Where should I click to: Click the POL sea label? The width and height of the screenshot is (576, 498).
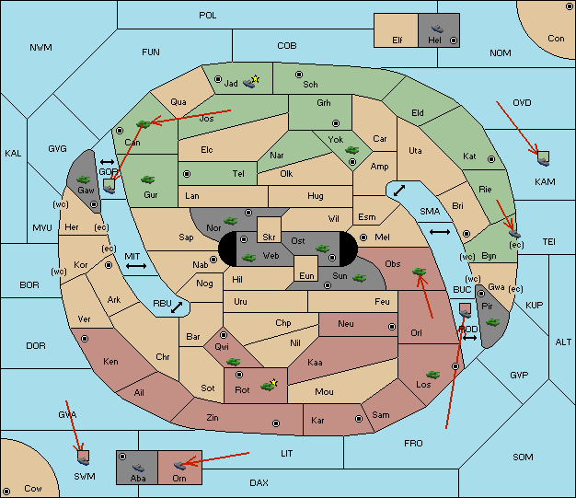208,16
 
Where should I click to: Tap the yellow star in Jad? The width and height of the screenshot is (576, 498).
256,78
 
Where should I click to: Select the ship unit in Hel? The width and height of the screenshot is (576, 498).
437,29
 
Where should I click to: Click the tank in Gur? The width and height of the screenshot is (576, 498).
147,180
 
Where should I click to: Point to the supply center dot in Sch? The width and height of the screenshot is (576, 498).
299,75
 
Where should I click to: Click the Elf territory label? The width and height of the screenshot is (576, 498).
397,41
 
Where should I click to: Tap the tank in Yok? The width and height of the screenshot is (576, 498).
351,150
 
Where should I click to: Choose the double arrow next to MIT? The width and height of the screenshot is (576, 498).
136,266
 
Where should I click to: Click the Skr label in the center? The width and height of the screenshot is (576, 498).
269,237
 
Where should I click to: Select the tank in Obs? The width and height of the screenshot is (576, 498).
420,272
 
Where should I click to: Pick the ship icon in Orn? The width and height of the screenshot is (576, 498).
179,466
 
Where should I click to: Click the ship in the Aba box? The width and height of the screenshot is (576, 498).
139,467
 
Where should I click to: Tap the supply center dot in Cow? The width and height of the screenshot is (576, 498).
6,492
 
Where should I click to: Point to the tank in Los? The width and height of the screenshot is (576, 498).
432,375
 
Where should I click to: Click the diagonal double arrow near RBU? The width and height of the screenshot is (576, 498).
177,307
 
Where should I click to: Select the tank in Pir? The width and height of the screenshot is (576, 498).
492,322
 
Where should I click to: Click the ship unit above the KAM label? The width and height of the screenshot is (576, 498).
543,161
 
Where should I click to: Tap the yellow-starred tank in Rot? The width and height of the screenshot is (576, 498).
268,387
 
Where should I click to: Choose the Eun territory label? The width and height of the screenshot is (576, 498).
306,275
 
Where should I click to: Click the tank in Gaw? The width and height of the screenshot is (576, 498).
83,180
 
